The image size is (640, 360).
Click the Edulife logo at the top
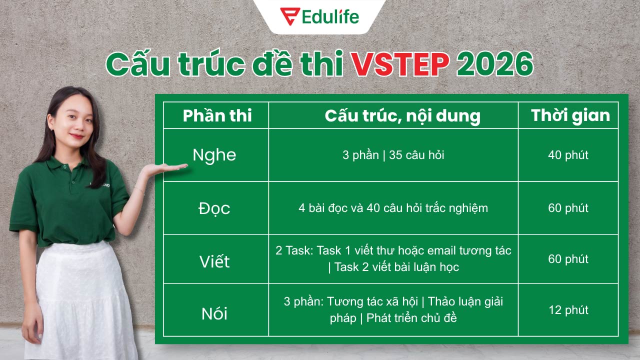[x=319, y=16]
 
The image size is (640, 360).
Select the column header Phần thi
[x=217, y=115]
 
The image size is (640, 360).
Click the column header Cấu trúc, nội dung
[x=402, y=115]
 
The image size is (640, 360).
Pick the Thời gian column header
[x=570, y=115]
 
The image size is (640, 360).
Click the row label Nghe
[x=214, y=155]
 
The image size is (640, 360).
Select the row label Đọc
[x=214, y=208]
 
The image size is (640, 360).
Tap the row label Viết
[x=214, y=260]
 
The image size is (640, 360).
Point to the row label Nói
[x=214, y=313]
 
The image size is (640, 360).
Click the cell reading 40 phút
[x=568, y=155]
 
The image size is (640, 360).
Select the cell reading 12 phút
[x=568, y=310]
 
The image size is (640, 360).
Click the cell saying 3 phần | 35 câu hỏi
[x=393, y=155]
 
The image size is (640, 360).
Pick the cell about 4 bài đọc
[x=393, y=208]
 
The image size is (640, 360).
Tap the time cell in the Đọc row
[x=568, y=208]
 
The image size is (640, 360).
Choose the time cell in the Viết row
[x=568, y=259]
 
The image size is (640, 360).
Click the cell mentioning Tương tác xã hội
[x=393, y=309]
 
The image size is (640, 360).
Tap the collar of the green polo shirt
[x=65, y=165]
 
